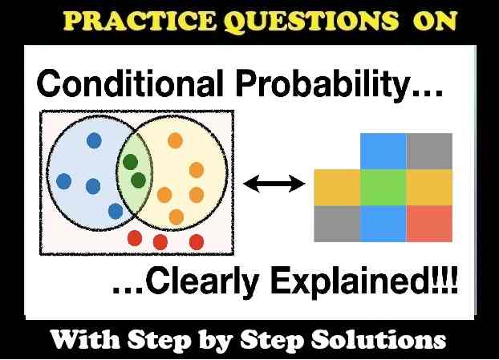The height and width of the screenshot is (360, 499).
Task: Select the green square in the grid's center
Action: (383, 188)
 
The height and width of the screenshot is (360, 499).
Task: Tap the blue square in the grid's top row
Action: (383, 151)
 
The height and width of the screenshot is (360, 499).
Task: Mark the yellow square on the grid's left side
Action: (337, 188)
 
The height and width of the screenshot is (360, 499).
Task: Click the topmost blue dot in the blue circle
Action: (95, 139)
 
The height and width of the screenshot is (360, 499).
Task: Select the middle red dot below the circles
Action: (160, 241)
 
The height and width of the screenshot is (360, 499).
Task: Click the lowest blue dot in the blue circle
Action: (116, 212)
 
